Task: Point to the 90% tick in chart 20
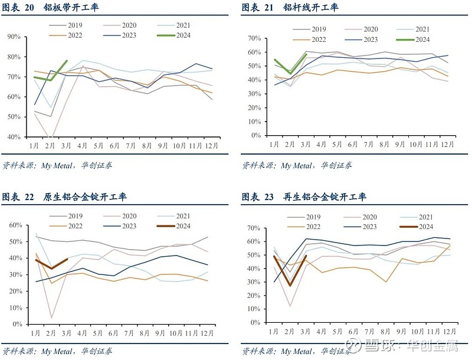[x=14, y=37]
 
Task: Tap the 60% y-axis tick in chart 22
[x=14, y=225]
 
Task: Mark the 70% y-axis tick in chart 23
[x=253, y=228]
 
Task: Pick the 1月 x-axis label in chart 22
[x=35, y=333]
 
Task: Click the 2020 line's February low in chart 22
[x=52, y=318]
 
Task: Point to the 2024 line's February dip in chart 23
[x=290, y=286]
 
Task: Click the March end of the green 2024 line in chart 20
[x=67, y=60]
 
